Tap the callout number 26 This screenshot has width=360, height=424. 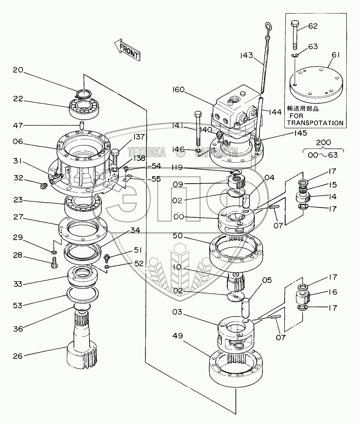pyautogui.click(x=18, y=356)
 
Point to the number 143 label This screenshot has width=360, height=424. pyautogui.click(x=247, y=55)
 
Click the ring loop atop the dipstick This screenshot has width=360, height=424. pyautogui.click(x=268, y=26)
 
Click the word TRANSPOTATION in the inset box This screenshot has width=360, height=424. pyautogui.click(x=315, y=123)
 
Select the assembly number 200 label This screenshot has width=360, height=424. pyautogui.click(x=323, y=142)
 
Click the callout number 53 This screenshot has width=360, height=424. pyautogui.click(x=18, y=305)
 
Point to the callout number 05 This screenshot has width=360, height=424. pyautogui.click(x=267, y=280)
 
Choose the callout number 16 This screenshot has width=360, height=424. pyautogui.click(x=333, y=292)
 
